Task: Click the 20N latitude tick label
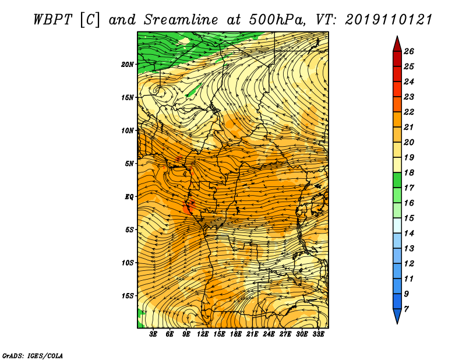tap(128, 65)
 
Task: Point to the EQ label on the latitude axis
tap(129, 197)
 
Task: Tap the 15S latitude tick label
tap(128, 296)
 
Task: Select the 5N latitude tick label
tap(129, 164)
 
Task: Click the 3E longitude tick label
tap(153, 334)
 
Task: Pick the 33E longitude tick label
tap(318, 334)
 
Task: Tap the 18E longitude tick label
tap(236, 334)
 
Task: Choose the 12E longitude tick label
tap(203, 334)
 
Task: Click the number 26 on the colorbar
tap(409, 51)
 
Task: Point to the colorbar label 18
tap(409, 172)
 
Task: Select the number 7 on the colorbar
tap(407, 309)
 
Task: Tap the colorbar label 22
tap(409, 112)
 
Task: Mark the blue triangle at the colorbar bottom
tap(397, 315)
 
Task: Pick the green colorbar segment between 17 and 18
tap(397, 180)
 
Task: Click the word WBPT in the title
tap(53, 20)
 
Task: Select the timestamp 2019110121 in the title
tap(389, 20)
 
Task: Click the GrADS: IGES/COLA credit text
tap(33, 355)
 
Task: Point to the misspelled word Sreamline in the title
tap(181, 20)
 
